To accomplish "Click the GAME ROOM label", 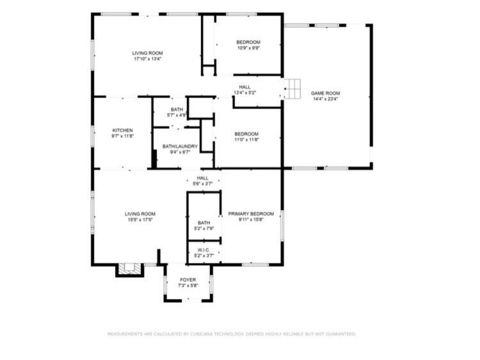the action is [325, 93].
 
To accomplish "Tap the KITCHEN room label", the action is [122, 130].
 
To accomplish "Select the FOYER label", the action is [188, 280].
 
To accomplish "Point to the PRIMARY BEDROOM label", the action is [251, 213].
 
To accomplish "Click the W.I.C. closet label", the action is [204, 250].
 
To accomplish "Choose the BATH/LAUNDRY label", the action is [180, 147].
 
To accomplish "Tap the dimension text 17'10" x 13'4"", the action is [148, 59].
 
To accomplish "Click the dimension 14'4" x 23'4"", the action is [325, 99].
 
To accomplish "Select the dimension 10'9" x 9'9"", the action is [248, 48].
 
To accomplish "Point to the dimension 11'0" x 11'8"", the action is [247, 140].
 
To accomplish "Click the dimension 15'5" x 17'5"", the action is [140, 220].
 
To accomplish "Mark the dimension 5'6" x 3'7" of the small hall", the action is [202, 184].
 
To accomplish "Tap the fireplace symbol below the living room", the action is [129, 270].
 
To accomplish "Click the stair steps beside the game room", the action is [292, 89].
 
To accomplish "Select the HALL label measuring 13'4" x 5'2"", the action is [244, 87].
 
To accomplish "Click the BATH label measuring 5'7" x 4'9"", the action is [177, 110].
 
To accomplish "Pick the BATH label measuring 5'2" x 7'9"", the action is [204, 223].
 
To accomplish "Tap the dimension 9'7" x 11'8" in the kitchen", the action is [122, 136].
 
